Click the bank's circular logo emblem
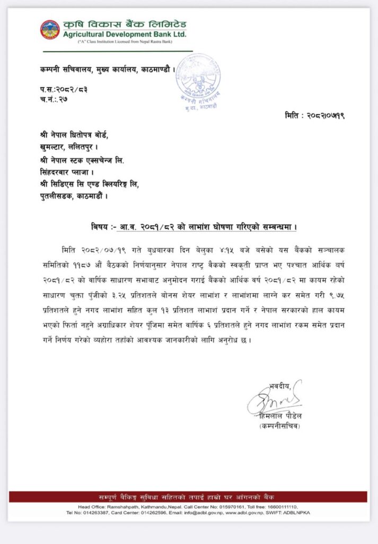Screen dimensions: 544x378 pos(50,30)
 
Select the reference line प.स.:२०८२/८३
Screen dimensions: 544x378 pos(63,89)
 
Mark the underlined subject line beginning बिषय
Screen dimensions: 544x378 pos(194,227)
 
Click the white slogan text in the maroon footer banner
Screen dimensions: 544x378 pos(189,497)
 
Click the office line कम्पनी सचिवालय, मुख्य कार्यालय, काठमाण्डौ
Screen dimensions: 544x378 pos(107,69)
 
